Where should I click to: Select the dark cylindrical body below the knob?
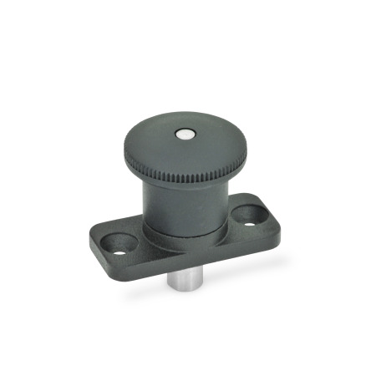[x=185, y=209]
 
